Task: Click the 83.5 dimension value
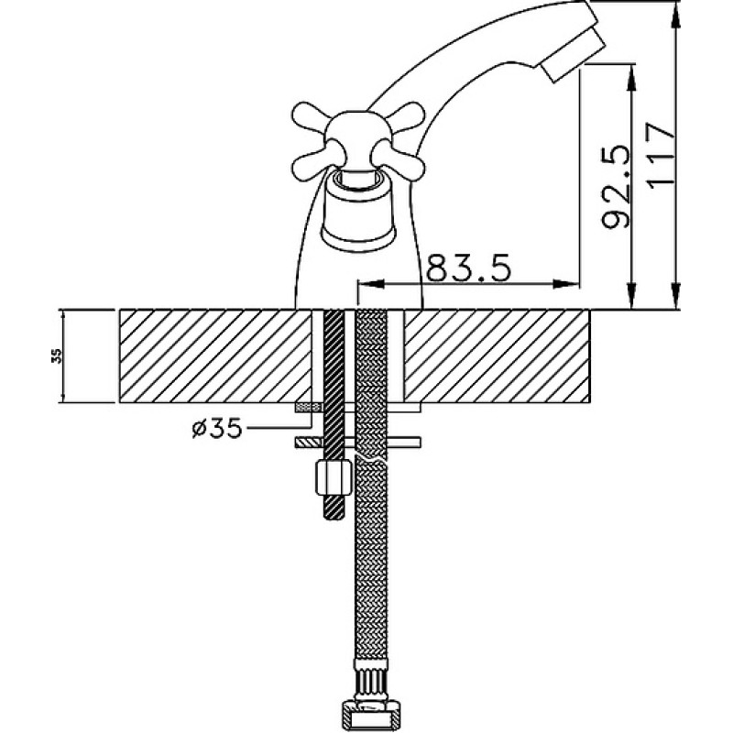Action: pos(469,268)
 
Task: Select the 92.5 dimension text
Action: pos(616,187)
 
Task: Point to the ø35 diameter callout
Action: pos(218,428)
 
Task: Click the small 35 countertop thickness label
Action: pos(56,356)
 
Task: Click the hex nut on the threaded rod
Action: pos(334,476)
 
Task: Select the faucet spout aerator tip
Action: pos(574,55)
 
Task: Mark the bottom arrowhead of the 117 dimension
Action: pos(676,295)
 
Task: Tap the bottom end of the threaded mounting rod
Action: pos(334,516)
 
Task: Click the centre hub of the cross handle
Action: pos(358,136)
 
